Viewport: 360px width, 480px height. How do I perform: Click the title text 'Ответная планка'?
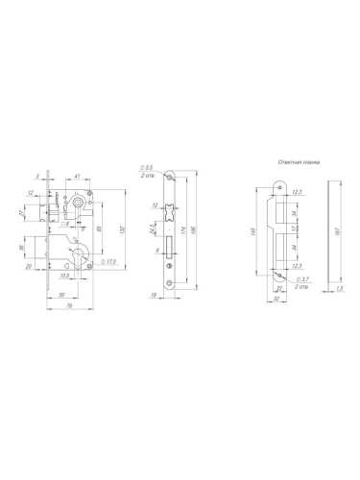coord(298,163)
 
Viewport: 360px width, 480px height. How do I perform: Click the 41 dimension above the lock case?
coord(75,177)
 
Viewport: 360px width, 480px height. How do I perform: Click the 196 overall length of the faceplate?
coord(197,235)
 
